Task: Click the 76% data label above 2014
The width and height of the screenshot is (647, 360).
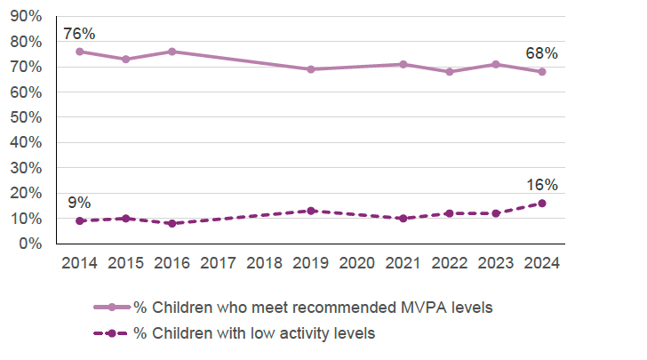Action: (x=79, y=34)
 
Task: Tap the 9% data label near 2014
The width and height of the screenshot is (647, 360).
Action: (x=79, y=202)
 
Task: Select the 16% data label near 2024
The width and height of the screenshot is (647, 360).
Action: (x=541, y=185)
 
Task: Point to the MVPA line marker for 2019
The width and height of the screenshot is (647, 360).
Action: (x=311, y=69)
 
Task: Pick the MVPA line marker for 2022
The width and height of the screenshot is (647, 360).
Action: (x=450, y=72)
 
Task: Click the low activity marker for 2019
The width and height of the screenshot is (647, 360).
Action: (x=311, y=211)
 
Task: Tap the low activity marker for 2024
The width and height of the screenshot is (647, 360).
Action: (x=542, y=203)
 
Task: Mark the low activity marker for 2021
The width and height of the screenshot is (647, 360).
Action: (x=403, y=218)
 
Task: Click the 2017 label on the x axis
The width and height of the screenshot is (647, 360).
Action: (x=219, y=263)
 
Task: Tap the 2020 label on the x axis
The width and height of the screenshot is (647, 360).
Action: (x=357, y=263)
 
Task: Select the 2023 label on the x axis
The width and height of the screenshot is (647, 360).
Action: (x=496, y=263)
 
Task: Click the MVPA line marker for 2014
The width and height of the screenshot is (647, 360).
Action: (x=80, y=52)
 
